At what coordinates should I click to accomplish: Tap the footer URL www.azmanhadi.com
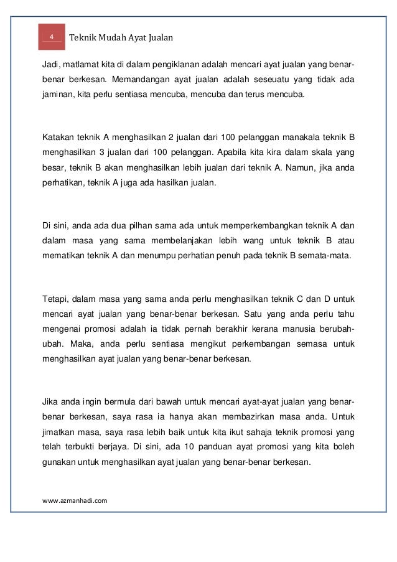point(75,499)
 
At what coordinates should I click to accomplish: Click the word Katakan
point(60,136)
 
